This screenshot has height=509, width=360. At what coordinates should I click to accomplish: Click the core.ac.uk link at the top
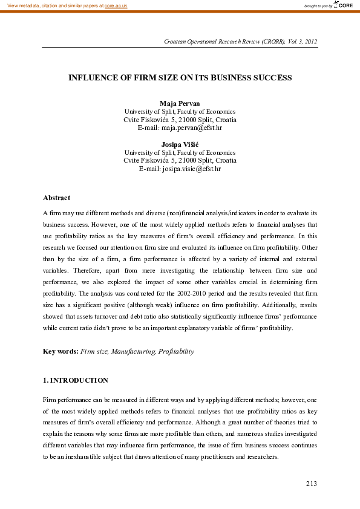coord(116,5)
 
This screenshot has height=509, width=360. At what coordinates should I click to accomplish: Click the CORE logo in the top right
coord(344,5)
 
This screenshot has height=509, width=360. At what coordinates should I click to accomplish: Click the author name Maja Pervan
coord(180,103)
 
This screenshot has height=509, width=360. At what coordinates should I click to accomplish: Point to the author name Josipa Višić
coord(180,144)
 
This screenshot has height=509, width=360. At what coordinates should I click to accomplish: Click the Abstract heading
coord(56,198)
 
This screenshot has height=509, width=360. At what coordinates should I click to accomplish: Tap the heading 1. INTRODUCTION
coord(76,380)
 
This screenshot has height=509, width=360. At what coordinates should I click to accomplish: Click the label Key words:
coord(61,351)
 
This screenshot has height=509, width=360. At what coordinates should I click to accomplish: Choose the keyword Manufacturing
coord(134,351)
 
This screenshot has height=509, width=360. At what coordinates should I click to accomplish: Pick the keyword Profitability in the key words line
coord(176,351)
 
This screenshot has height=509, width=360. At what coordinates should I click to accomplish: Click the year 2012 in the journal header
coord(309,41)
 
